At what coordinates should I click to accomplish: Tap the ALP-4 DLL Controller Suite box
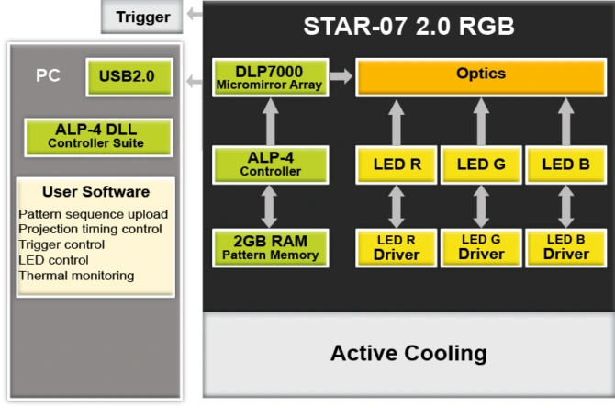pyautogui.click(x=95, y=136)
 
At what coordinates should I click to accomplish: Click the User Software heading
pyautogui.click(x=95, y=192)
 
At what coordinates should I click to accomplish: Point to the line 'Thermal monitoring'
pyautogui.click(x=76, y=275)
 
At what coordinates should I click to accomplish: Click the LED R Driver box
pyautogui.click(x=396, y=247)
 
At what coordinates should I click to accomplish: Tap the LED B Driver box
pyautogui.click(x=565, y=247)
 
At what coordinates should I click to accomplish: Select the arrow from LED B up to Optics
pyautogui.click(x=565, y=121)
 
